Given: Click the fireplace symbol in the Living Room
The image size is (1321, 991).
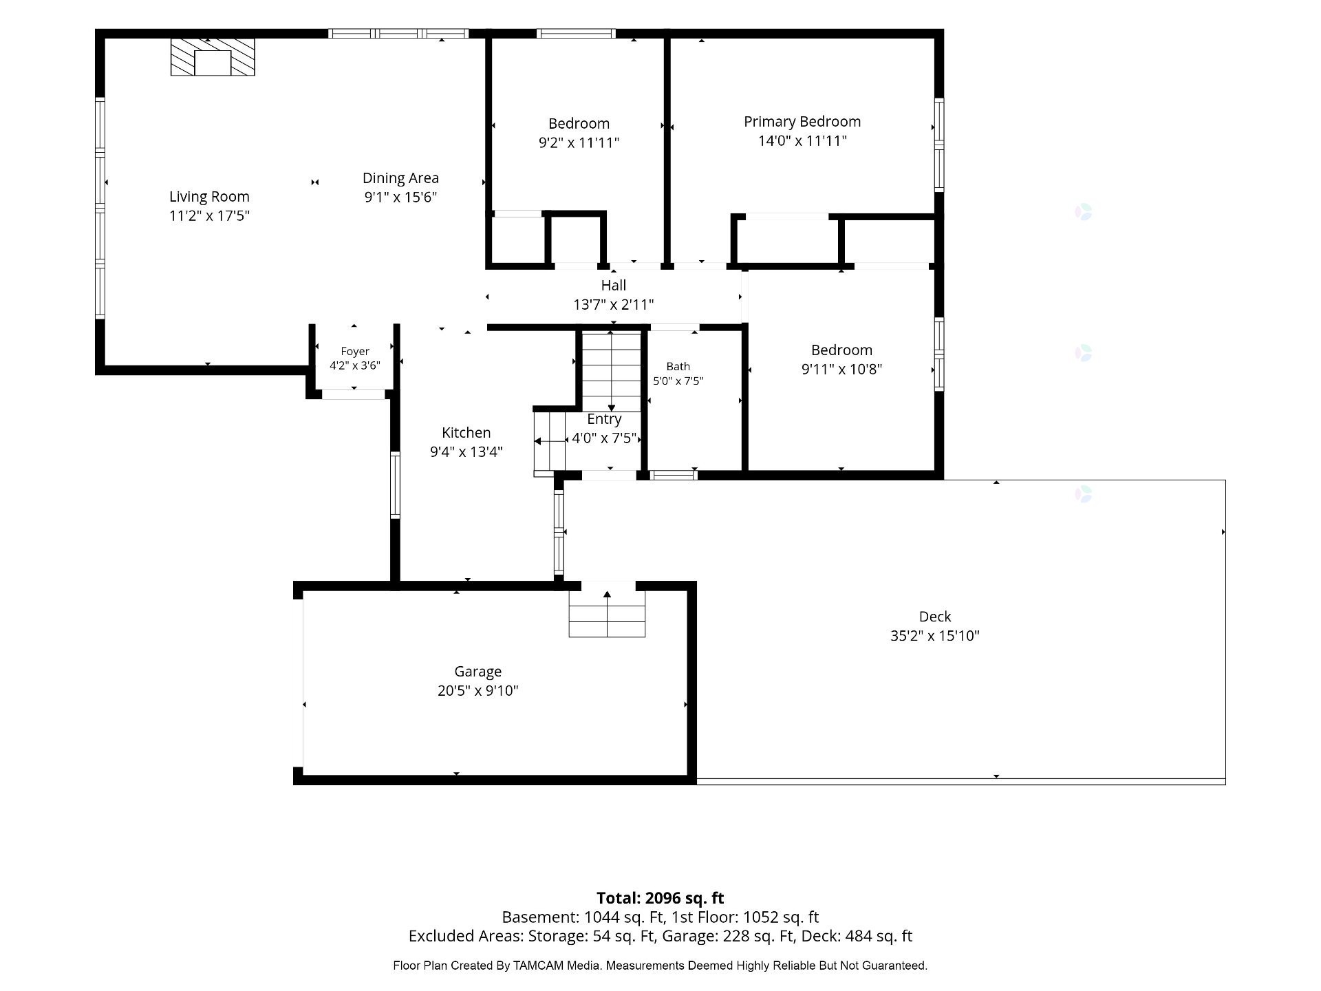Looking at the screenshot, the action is (213, 56).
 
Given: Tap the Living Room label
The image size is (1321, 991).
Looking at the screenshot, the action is (209, 197).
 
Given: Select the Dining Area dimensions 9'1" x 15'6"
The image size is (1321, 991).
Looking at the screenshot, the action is (400, 198).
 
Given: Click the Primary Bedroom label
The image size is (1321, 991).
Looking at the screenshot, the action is (802, 122).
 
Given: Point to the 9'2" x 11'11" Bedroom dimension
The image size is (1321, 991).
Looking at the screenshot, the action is (579, 143).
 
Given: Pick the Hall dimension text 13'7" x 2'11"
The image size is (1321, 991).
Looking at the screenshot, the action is (613, 305).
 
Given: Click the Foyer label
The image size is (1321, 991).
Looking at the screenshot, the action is (355, 352).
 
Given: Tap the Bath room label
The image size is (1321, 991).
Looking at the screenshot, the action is (678, 367).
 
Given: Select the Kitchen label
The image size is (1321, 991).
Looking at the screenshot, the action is (466, 433).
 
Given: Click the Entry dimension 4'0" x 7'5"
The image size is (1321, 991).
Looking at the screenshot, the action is (604, 438).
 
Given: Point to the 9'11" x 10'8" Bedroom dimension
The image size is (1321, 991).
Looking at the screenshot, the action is (841, 370).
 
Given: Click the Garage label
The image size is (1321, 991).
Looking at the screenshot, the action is (477, 672).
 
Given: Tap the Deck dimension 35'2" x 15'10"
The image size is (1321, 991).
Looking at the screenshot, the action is (935, 636).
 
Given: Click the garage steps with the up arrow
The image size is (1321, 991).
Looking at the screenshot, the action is (607, 613).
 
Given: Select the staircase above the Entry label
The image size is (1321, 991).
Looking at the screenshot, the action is (611, 372).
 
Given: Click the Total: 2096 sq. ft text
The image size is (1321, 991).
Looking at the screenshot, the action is (660, 898).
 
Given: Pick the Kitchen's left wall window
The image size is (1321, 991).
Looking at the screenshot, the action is (395, 485).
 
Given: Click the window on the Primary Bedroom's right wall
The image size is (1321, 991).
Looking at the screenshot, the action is (938, 145).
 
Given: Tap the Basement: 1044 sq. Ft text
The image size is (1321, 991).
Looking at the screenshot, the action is (583, 917).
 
